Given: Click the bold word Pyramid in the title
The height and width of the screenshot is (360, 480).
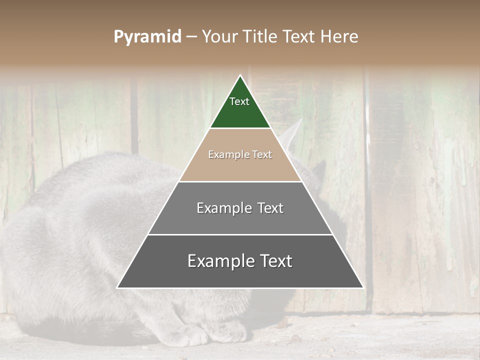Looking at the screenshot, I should (147, 37).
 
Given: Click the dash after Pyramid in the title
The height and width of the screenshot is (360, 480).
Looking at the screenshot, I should (191, 37).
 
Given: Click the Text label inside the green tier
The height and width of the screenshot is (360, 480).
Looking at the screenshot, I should (239, 101).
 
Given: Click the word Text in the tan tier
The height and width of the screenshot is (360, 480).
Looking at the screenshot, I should (262, 155).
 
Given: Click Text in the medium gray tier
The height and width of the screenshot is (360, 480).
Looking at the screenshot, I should (270, 208).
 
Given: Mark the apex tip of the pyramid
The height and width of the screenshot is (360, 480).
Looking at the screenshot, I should (240, 76).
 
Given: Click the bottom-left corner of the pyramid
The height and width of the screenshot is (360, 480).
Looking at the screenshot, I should (118, 287).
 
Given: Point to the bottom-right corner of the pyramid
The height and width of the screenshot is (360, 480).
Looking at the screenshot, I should (362, 287).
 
